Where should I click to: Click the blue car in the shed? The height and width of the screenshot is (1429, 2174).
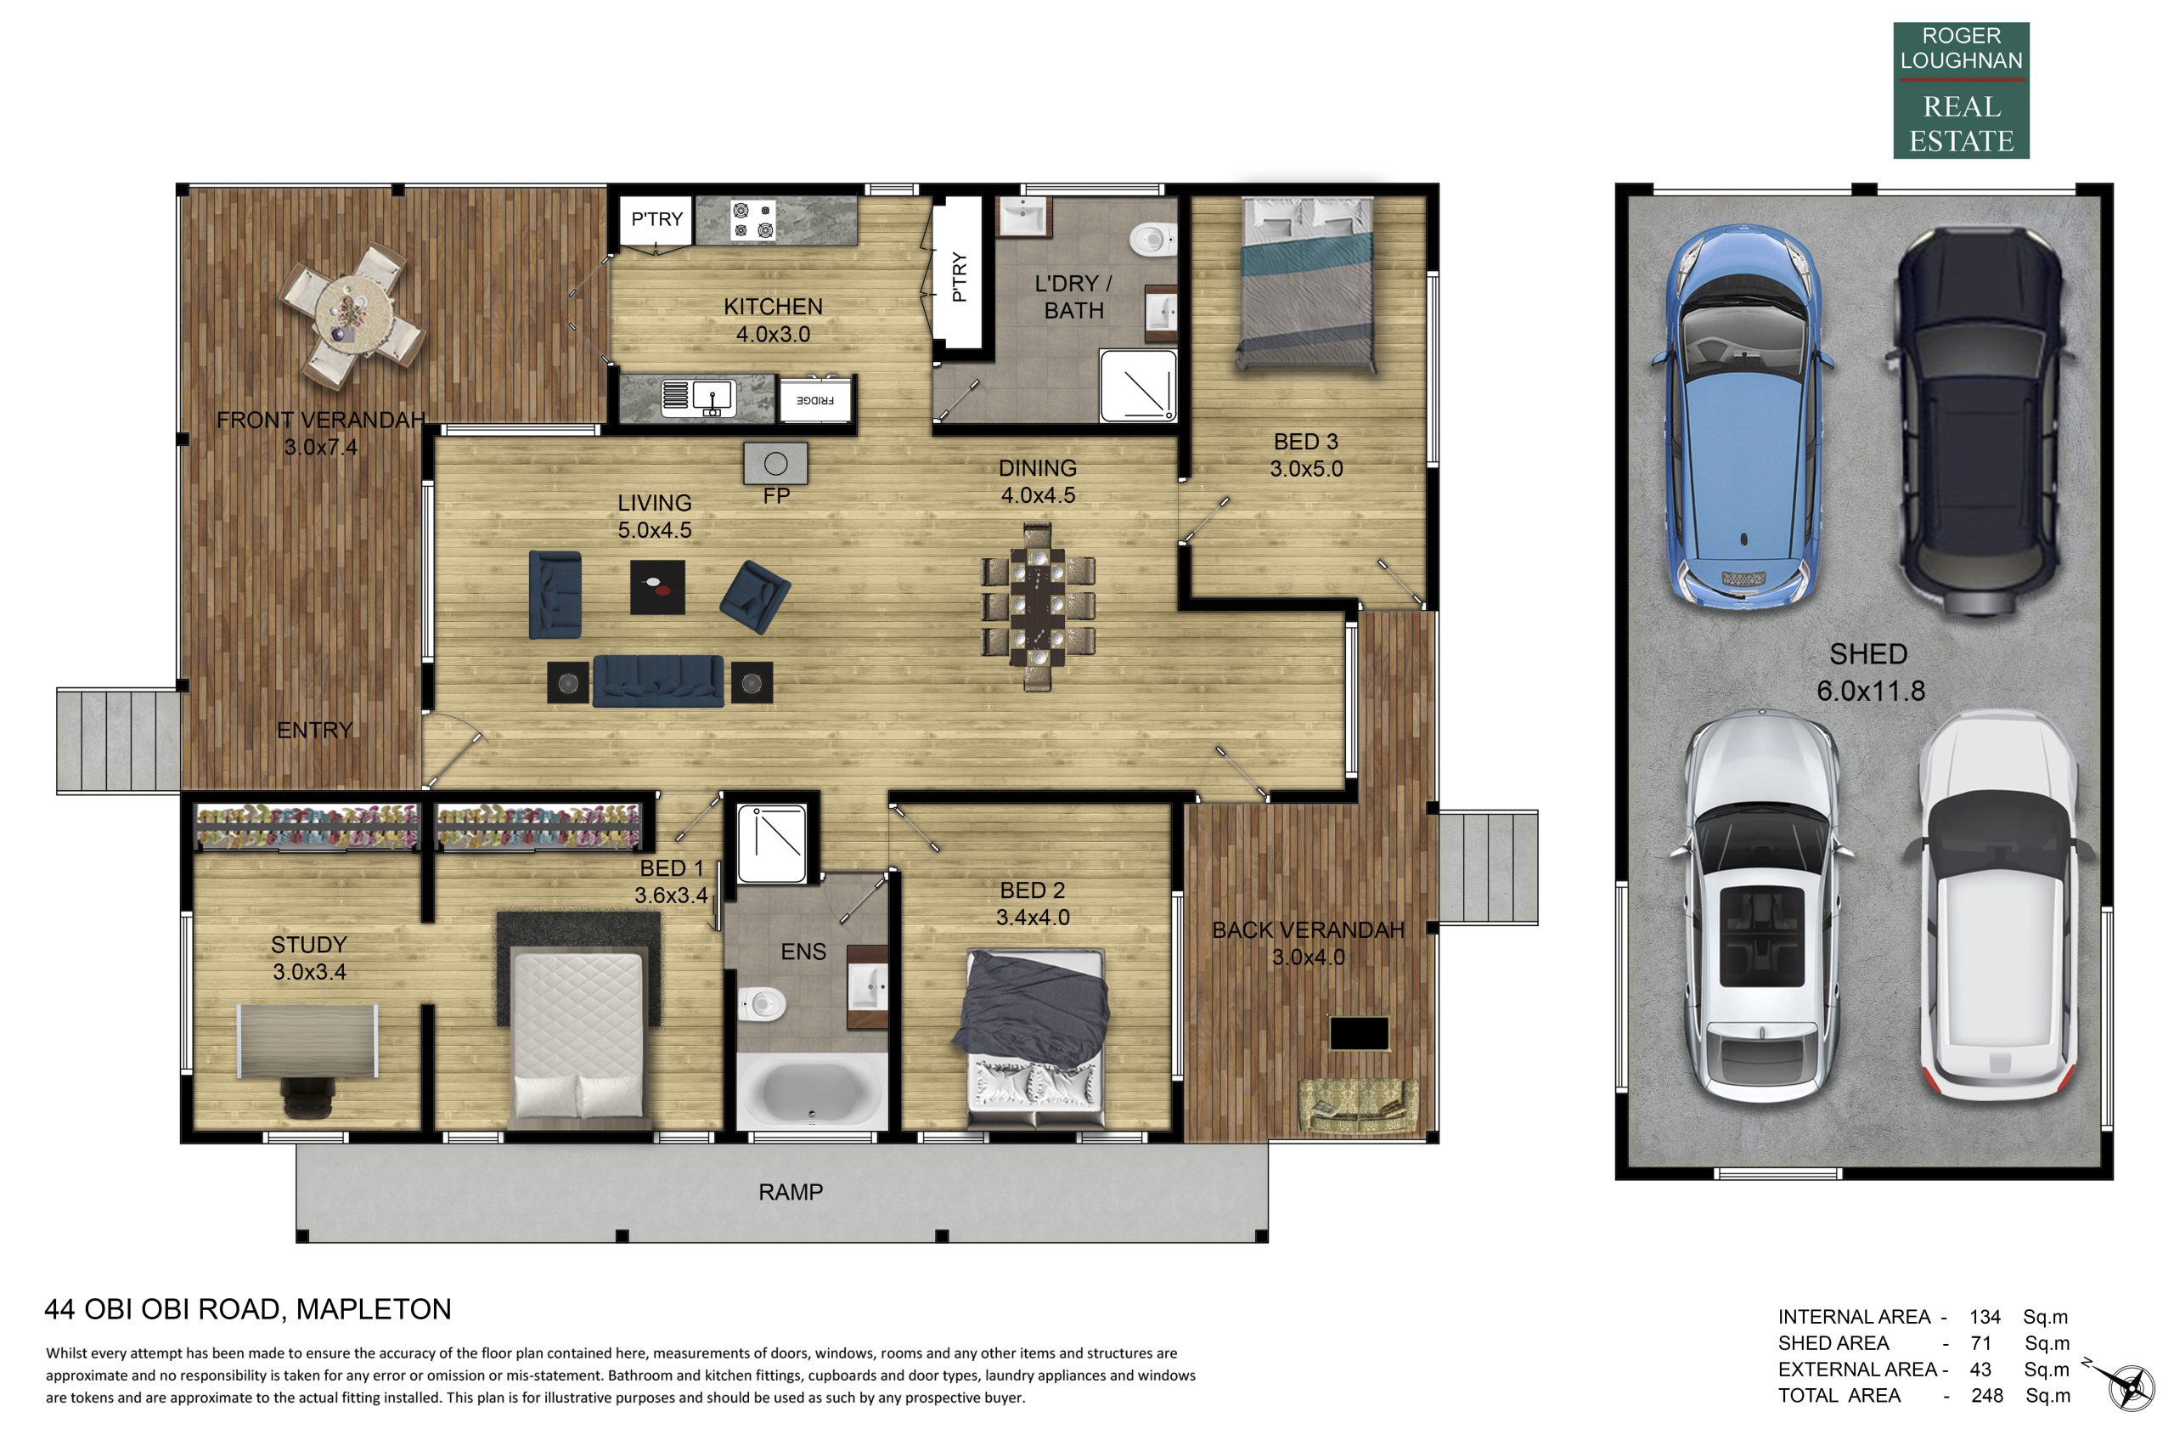click(x=1742, y=415)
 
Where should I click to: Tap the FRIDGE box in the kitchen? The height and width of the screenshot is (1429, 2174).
click(x=814, y=400)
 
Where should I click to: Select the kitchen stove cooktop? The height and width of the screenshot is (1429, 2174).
click(x=753, y=220)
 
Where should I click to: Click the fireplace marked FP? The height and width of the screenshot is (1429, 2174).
click(x=775, y=463)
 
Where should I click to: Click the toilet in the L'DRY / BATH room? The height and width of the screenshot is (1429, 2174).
click(x=1152, y=240)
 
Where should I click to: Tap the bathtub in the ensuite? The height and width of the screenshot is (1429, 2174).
click(x=810, y=1091)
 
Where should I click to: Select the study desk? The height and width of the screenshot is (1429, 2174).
click(x=307, y=1041)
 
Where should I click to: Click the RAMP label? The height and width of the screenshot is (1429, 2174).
click(x=790, y=1191)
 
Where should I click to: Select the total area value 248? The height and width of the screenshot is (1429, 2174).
click(x=1986, y=1395)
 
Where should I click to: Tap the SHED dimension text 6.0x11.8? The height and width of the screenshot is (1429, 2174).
click(x=1871, y=691)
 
